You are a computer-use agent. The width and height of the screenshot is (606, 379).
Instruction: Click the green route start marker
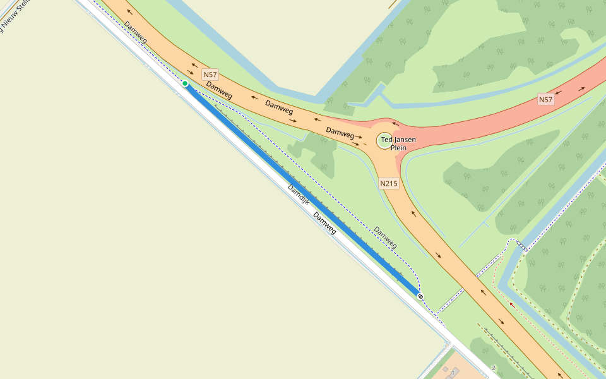tap(185, 83)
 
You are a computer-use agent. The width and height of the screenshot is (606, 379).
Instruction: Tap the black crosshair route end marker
tap(420, 296)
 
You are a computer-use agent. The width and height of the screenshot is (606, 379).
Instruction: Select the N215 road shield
tap(389, 184)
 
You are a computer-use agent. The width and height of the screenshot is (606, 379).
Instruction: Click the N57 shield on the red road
tap(545, 100)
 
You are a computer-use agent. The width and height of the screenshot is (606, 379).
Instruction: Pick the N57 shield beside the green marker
tap(210, 75)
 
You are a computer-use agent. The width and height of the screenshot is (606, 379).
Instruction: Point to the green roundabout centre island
tap(384, 140)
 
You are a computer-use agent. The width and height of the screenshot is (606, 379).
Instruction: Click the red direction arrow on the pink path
tap(512, 305)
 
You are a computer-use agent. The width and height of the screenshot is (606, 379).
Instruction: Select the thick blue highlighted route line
tap(303, 189)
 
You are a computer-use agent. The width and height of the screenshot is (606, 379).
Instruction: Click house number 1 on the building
tap(453, 372)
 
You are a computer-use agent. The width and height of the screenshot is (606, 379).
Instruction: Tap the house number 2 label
tap(494, 368)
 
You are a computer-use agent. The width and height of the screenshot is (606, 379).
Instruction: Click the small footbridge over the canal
tap(521, 246)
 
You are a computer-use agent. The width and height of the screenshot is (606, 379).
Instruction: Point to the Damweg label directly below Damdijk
tap(324, 223)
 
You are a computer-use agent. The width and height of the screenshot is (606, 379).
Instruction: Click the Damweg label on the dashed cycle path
tap(385, 236)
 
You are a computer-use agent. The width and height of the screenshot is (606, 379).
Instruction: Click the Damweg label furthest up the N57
tap(136, 33)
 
